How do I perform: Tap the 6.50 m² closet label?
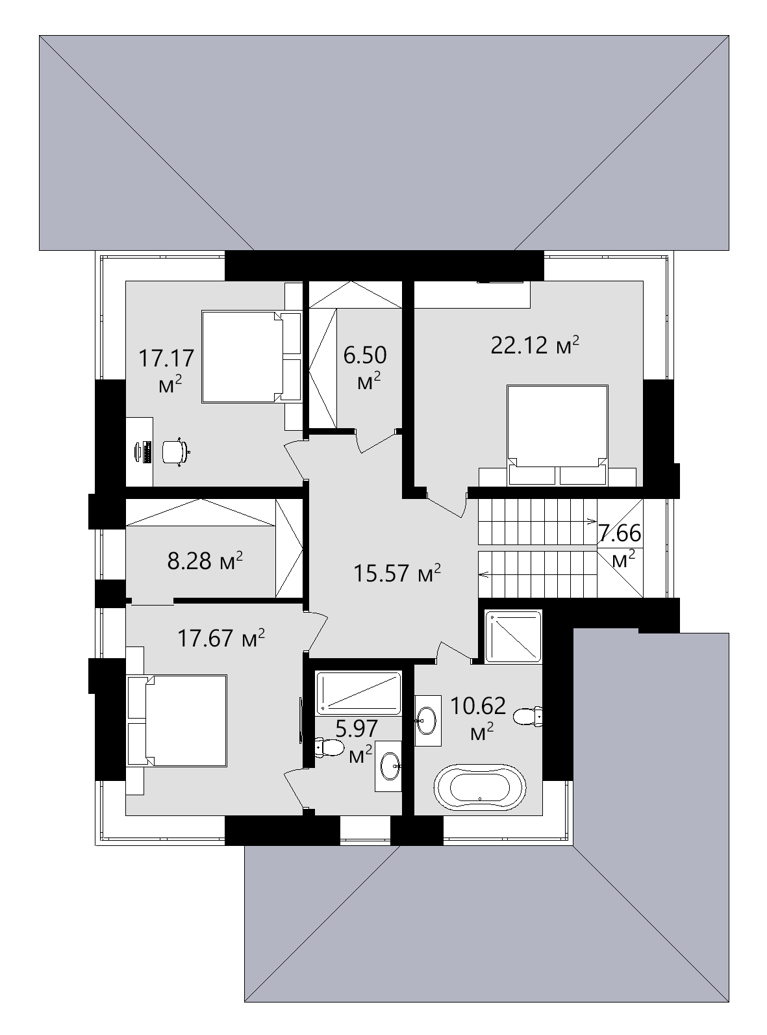point(365,367)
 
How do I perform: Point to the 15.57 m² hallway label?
point(397,573)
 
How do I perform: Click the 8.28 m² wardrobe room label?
point(205,560)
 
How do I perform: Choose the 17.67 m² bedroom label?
point(221,638)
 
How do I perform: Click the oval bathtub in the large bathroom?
point(479,787)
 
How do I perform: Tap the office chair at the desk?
point(174,451)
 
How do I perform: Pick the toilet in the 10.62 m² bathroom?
point(527,717)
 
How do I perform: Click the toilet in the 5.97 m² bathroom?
point(330,747)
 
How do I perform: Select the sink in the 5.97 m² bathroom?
point(390,766)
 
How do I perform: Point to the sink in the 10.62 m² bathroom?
point(427,719)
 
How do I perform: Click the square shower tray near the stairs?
point(513,637)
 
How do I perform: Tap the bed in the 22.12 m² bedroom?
point(557,426)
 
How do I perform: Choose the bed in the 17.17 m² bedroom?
point(243,357)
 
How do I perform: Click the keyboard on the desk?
point(144,452)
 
